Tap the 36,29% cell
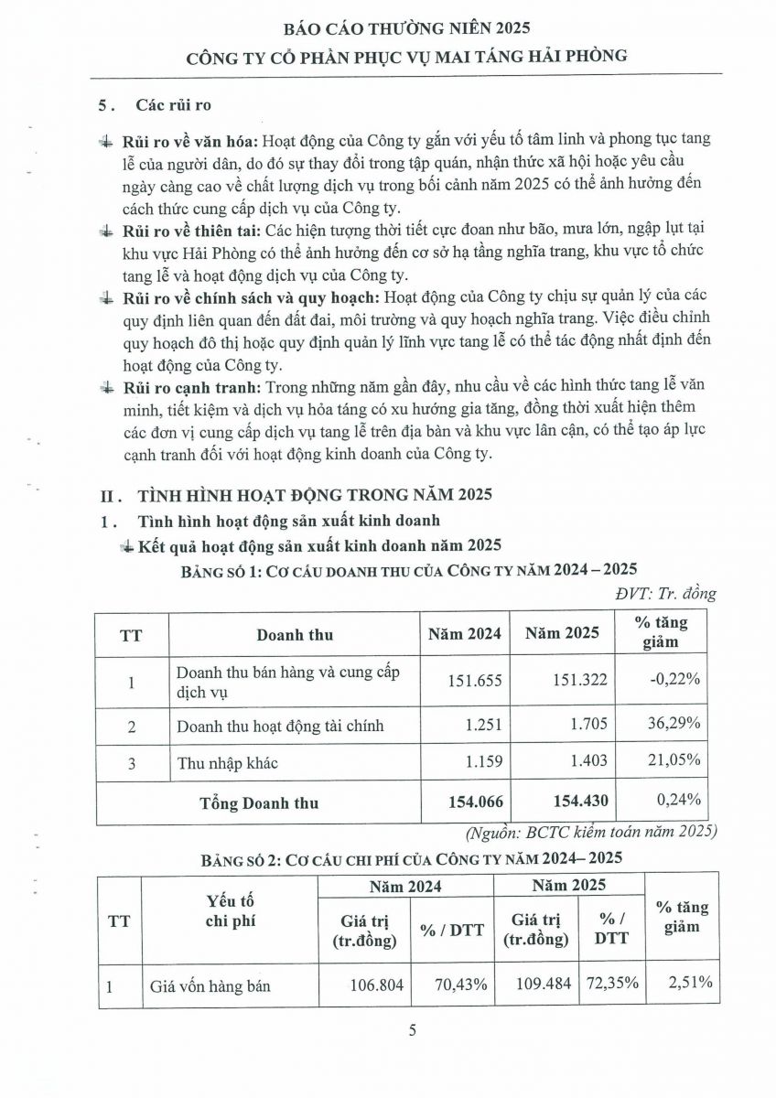point(674,723)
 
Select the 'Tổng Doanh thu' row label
point(259,802)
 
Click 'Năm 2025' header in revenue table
point(566,633)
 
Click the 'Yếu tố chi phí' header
point(230,910)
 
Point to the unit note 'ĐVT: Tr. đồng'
point(665,593)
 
